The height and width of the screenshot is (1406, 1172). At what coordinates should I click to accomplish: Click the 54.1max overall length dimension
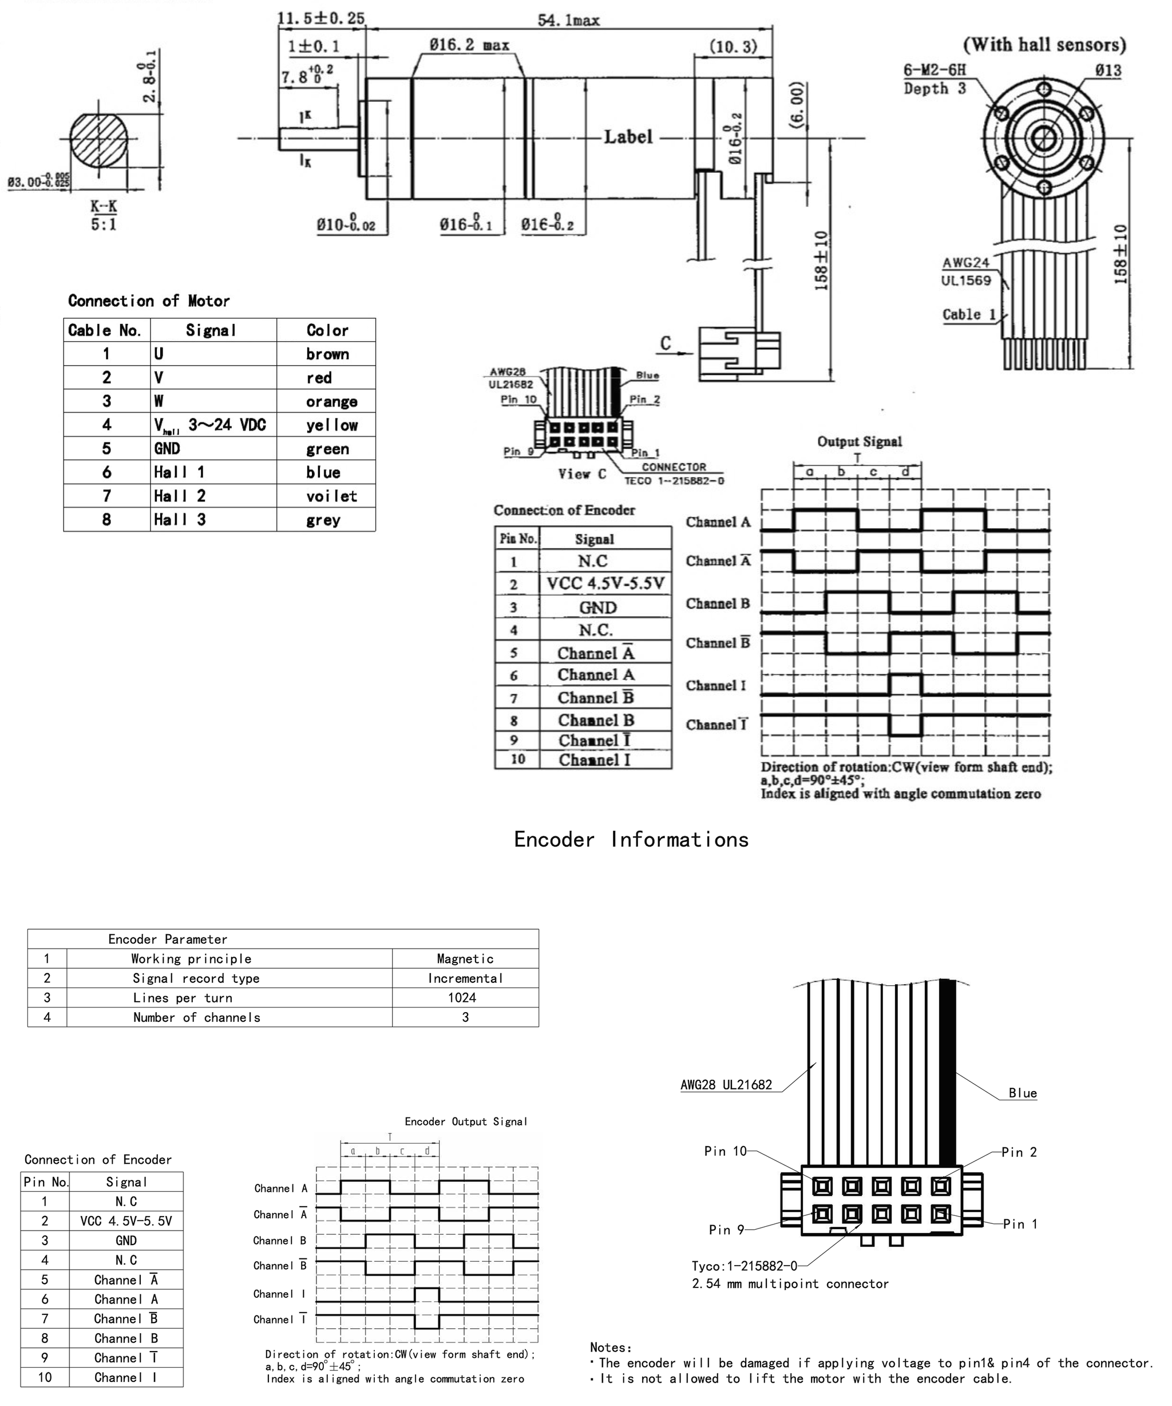[568, 20]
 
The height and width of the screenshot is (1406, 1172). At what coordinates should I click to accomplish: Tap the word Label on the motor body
[627, 137]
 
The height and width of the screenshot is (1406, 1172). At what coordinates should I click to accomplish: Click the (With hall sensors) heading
[1044, 45]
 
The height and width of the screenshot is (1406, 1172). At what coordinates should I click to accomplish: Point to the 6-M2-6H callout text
[935, 70]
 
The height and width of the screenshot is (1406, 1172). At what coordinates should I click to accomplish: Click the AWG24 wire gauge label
[965, 262]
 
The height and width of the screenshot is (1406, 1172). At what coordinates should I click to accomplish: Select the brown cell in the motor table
[327, 354]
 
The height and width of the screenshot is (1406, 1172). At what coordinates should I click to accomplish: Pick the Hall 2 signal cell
[179, 496]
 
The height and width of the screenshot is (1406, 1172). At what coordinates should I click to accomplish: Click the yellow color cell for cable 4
[331, 425]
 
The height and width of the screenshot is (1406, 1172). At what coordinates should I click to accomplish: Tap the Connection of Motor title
[149, 301]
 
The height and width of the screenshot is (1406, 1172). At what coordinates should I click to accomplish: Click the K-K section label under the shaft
[104, 207]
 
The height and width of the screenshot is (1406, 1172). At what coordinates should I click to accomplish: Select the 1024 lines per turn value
[462, 998]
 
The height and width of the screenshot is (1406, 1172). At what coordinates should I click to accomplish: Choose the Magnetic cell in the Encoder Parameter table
[465, 959]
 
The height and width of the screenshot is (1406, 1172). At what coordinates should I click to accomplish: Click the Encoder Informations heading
[631, 840]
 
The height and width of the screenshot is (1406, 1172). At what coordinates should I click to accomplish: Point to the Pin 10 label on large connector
[724, 1151]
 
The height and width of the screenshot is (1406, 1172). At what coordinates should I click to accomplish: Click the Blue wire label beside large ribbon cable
[1022, 1093]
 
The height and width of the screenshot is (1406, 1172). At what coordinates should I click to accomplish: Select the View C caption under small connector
[581, 474]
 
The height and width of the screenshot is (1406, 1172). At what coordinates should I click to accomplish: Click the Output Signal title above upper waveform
[859, 442]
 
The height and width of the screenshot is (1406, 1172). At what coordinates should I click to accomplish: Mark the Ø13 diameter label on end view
[1108, 70]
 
